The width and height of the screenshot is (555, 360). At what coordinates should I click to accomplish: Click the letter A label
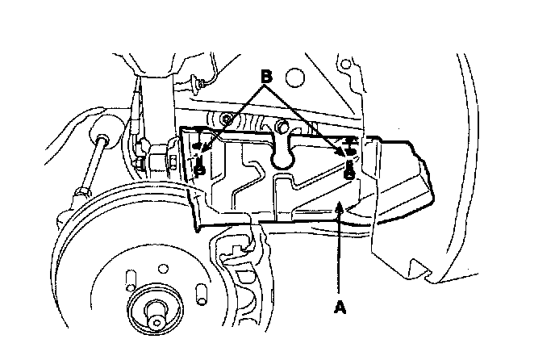click(x=339, y=307)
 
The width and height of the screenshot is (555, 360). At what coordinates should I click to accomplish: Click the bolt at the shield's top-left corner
click(x=228, y=120)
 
